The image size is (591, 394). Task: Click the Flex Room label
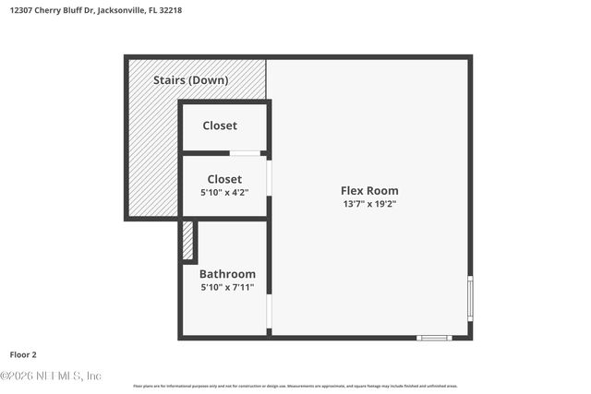tap(369, 191)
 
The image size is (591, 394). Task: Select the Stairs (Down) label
tap(191, 80)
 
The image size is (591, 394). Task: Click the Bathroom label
tap(227, 274)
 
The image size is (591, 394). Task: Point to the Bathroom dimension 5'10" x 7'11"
tap(227, 288)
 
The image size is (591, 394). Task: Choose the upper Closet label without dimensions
tap(220, 125)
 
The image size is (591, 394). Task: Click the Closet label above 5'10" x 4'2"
tap(224, 179)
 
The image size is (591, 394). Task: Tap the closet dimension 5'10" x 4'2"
tap(224, 192)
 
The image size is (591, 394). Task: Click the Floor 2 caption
tap(23, 354)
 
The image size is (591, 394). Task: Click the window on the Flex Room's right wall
tap(470, 298)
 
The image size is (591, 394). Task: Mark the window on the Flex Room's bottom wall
tap(433, 338)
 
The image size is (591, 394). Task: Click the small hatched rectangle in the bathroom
tap(187, 241)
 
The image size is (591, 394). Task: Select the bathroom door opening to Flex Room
tap(269, 314)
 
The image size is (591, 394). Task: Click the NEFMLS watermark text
tap(51, 376)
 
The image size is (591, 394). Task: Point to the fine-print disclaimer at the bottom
tap(295, 386)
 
